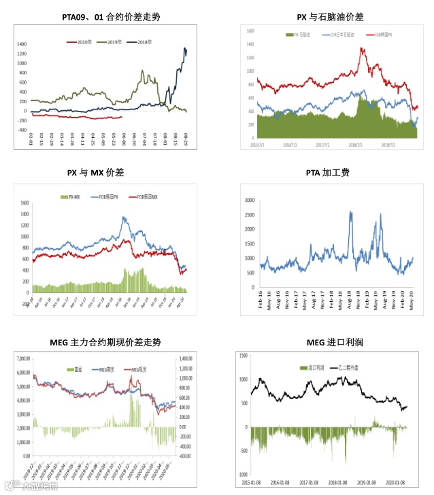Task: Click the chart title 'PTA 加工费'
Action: tap(327, 173)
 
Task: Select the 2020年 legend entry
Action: tap(83, 42)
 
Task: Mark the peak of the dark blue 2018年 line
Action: tap(185, 48)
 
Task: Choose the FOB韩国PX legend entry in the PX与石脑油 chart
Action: tap(383, 33)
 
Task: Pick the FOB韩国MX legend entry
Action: tap(148, 197)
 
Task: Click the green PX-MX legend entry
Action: tap(71, 197)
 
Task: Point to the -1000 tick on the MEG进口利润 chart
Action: tap(242, 474)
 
